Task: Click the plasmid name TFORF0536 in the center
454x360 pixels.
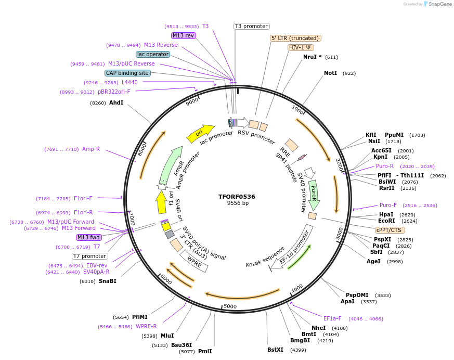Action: point(237,196)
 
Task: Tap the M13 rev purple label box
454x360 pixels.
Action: point(184,35)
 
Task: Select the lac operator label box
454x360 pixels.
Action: point(153,54)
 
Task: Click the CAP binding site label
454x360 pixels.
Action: point(127,73)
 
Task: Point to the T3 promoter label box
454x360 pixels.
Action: point(251,26)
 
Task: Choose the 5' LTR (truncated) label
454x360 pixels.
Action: point(295,38)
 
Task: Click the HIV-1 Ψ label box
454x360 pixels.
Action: point(301,47)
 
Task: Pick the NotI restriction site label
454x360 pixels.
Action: point(330,73)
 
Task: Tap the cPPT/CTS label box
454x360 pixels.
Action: point(390,229)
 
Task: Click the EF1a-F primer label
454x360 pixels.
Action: point(332,318)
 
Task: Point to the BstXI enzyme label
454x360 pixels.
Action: point(275,350)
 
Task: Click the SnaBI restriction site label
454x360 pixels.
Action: point(107,281)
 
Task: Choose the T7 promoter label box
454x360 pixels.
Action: point(90,256)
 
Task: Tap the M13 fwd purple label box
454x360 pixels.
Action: point(88,237)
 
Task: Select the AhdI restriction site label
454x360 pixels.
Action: point(116,102)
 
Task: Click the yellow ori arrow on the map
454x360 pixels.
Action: point(200,133)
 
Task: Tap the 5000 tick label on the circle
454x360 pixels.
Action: point(230,306)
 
